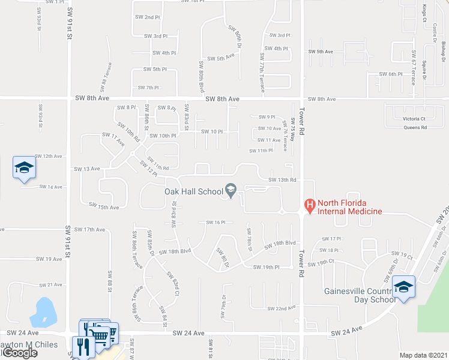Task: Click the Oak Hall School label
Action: (193, 191)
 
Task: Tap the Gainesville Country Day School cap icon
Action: (404, 288)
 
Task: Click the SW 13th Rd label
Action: (283, 180)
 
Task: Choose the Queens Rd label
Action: (415, 127)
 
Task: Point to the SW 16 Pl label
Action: (215, 222)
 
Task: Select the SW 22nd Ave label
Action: (282, 308)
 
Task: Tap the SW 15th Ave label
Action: (104, 206)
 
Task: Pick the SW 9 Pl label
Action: (267, 117)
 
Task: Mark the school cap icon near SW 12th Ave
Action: (24, 167)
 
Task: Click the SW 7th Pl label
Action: (148, 88)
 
